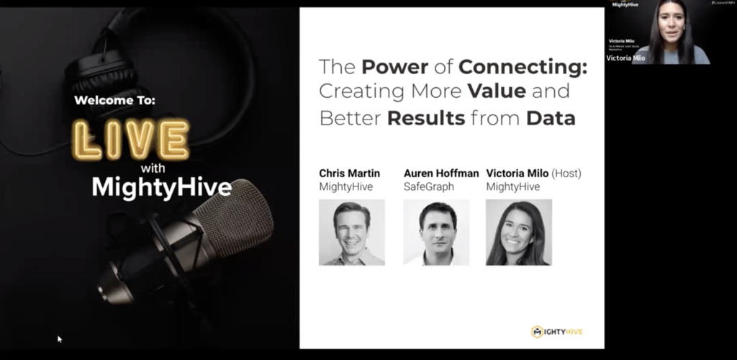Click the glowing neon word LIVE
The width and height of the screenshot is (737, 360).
[132, 140]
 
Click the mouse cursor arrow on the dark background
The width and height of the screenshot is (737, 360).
[60, 338]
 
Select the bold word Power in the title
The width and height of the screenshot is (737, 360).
[395, 68]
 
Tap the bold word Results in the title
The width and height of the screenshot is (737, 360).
[426, 118]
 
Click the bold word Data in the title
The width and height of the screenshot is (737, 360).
[551, 118]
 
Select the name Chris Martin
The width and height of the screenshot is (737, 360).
[349, 174]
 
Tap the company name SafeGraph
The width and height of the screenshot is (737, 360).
[428, 186]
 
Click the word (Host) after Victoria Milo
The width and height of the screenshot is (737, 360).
[564, 174]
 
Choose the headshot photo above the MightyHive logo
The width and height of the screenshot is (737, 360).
[518, 232]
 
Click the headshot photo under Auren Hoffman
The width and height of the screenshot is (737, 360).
[436, 232]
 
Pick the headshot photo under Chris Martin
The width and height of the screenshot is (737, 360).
[352, 232]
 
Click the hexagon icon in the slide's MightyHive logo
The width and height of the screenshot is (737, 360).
[537, 332]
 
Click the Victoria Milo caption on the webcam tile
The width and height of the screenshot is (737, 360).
[625, 58]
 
